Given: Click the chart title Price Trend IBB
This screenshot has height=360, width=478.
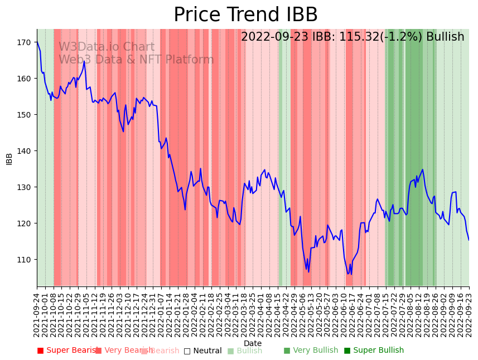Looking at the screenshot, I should [245, 15].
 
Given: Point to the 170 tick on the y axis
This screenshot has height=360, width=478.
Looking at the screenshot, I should [24, 42].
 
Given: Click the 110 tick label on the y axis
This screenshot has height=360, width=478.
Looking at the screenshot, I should [24, 260].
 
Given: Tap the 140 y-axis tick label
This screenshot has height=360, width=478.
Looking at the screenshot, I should [24, 151].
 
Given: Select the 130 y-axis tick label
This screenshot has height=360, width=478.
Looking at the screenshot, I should [24, 187].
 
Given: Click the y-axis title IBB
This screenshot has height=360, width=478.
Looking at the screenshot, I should [9, 158].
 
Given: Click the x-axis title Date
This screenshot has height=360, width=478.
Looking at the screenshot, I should [253, 343].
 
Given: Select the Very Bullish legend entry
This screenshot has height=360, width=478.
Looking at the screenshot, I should [311, 351].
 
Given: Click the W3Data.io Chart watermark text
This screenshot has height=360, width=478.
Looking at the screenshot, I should [107, 47].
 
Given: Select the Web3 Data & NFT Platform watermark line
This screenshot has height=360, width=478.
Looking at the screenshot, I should [136, 60].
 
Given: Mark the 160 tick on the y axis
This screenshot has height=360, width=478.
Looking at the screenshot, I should [24, 79].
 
